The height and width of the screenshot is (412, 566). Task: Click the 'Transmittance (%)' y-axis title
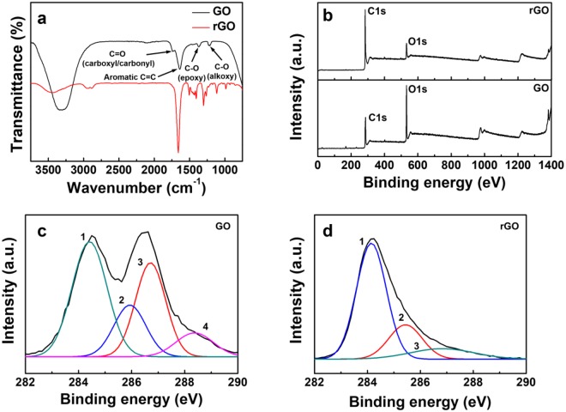[12, 82]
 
